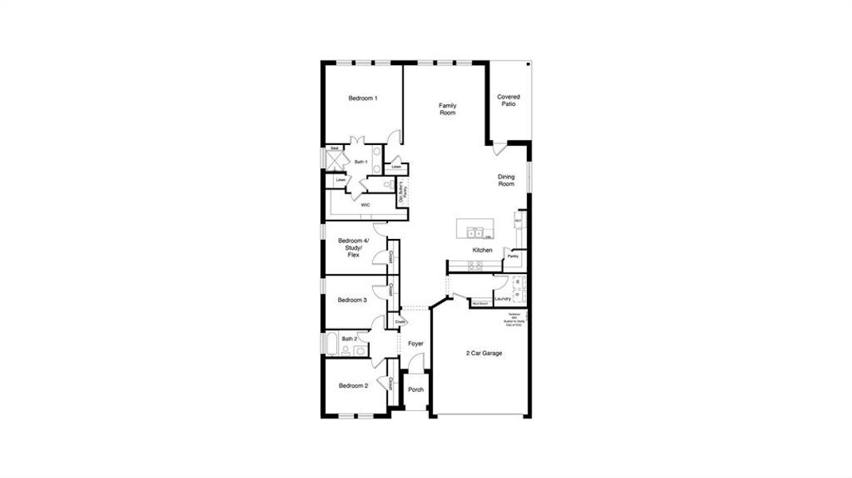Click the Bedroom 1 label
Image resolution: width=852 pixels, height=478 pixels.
click(x=363, y=98)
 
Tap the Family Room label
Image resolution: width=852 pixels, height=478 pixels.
click(x=447, y=109)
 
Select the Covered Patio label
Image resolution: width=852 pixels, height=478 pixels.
click(x=508, y=100)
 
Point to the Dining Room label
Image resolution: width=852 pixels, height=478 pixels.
click(x=506, y=180)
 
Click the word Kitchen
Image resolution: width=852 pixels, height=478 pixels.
click(x=482, y=250)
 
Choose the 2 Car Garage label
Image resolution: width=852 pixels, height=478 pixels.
click(x=484, y=353)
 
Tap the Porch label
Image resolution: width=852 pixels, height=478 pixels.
click(x=416, y=390)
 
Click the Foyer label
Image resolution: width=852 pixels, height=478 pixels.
click(x=415, y=343)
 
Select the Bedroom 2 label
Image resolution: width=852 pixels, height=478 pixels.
click(x=353, y=386)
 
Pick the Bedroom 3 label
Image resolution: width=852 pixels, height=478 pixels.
click(x=351, y=300)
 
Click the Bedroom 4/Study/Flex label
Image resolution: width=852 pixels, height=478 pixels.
click(x=353, y=247)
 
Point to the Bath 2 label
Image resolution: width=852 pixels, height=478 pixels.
click(x=349, y=339)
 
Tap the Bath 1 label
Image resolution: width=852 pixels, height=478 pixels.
click(x=360, y=163)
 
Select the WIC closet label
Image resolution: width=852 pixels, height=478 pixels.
click(x=365, y=205)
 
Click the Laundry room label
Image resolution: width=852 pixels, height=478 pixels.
click(x=502, y=299)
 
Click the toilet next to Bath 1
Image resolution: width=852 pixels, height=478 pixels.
click(x=387, y=185)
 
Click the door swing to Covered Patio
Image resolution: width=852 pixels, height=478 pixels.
click(x=499, y=149)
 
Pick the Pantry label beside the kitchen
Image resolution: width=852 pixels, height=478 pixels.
click(x=512, y=257)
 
